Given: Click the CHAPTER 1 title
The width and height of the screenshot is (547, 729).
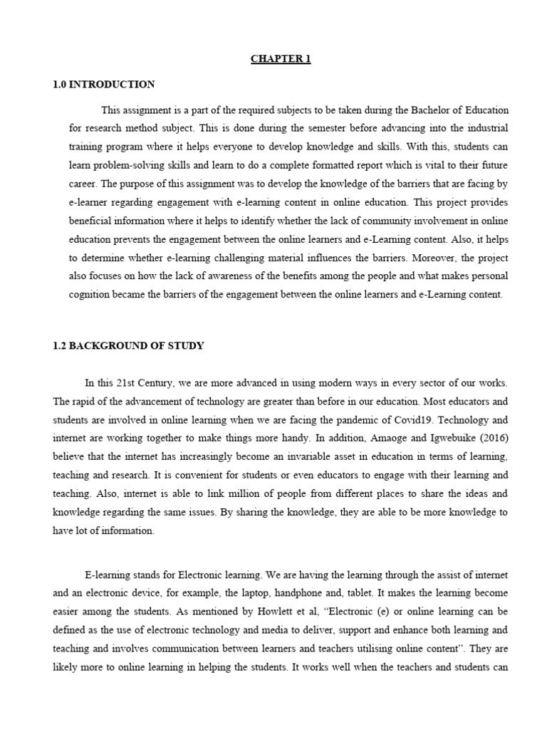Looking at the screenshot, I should point(281,59).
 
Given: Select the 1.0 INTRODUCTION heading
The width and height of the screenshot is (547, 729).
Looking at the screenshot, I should point(103,85).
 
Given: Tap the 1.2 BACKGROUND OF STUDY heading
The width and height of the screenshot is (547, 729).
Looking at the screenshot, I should point(128,346).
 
